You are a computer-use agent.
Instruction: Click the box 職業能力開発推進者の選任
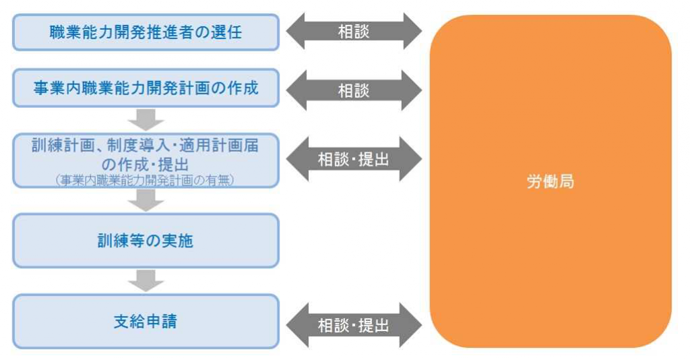tap(146, 32)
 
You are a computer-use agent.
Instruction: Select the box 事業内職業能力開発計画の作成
tap(146, 88)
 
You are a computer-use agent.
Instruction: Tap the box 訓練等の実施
tap(146, 241)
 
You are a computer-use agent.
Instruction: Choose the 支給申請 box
tap(146, 322)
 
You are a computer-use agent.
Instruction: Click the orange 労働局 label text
tap(550, 181)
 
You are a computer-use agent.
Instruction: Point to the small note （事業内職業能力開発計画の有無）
tap(146, 180)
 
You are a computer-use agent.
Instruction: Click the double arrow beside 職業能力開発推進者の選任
tap(354, 31)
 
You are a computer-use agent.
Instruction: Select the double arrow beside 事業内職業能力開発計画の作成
tap(354, 90)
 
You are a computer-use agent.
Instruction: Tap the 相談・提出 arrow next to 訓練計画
tap(354, 159)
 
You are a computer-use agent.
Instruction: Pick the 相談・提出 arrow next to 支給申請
tap(354, 325)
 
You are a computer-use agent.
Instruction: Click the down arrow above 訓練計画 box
tap(146, 120)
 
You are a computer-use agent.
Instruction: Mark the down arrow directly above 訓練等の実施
tap(146, 200)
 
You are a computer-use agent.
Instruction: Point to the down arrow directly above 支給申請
tap(146, 280)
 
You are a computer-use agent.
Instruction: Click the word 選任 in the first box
tap(226, 32)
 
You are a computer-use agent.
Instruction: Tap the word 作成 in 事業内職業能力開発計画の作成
tap(243, 88)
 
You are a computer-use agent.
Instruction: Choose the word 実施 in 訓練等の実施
tap(177, 241)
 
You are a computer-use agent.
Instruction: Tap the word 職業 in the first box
tap(65, 32)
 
